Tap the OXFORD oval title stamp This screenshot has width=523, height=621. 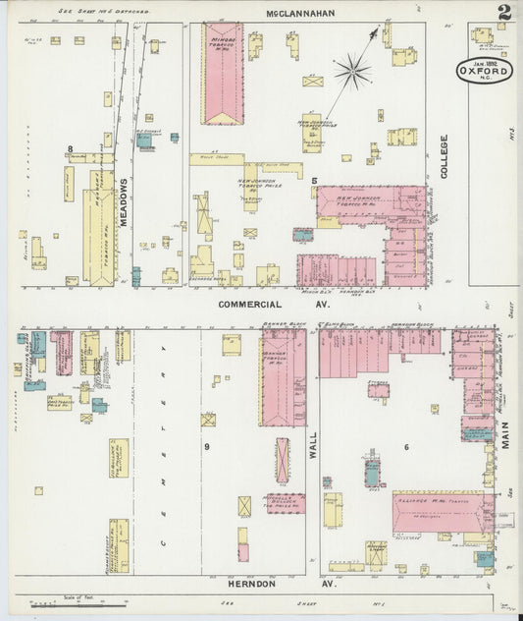click(x=483, y=70)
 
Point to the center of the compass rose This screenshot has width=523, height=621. click(x=351, y=71)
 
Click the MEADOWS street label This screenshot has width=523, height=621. click(x=125, y=202)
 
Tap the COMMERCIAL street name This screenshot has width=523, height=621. click(x=250, y=306)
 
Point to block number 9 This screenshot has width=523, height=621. click(x=207, y=447)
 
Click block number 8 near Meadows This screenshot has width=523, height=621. click(x=70, y=149)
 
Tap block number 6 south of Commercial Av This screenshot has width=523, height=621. click(x=404, y=448)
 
